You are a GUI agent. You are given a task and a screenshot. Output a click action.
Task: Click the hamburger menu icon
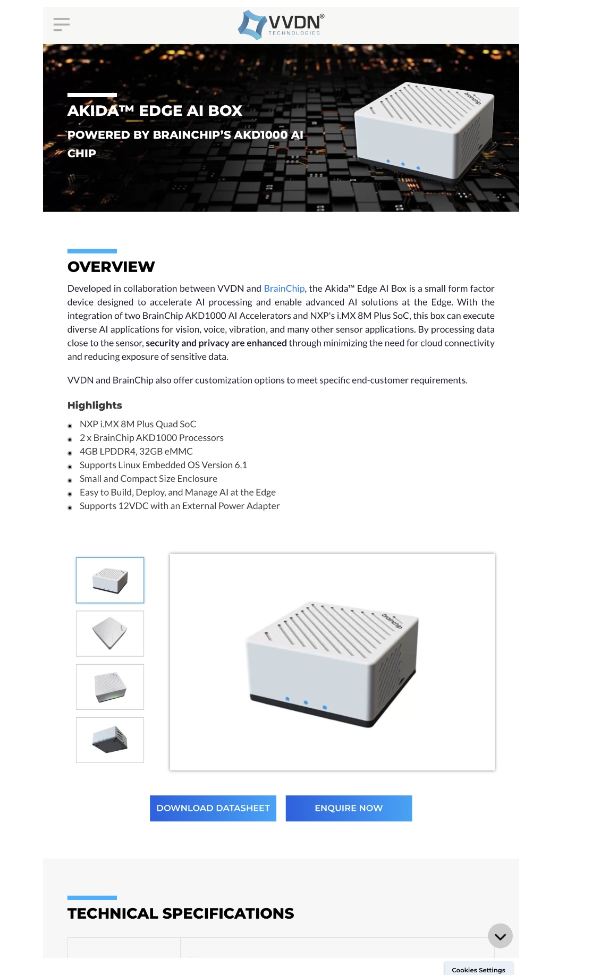62,24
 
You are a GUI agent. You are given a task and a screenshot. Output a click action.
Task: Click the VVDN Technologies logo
281,24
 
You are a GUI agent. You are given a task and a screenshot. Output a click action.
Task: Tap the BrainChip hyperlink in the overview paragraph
284,289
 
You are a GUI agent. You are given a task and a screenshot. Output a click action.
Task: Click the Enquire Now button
349,808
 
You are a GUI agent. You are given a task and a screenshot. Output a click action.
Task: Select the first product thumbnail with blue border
110,580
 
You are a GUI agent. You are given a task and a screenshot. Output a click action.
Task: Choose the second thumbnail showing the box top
110,633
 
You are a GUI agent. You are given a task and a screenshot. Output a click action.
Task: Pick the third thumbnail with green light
110,687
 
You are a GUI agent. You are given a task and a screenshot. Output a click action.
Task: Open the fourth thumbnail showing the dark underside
110,740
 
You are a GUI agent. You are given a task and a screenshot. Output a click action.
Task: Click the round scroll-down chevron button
500,936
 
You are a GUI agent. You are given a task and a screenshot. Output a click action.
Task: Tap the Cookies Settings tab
478,970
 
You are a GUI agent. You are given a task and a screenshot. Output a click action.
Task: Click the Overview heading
111,267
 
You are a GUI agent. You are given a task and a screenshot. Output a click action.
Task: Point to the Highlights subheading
95,405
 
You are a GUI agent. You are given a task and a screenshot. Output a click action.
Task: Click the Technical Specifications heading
181,913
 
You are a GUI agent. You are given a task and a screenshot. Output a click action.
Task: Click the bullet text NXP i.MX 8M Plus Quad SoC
138,424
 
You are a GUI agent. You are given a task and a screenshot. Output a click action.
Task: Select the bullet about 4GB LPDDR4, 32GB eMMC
136,451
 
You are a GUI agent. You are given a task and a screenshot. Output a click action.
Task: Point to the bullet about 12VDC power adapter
180,506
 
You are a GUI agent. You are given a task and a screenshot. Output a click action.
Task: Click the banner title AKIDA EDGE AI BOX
155,111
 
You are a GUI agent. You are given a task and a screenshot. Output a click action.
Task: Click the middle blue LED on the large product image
306,702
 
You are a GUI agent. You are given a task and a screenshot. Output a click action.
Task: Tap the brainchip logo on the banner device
472,98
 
